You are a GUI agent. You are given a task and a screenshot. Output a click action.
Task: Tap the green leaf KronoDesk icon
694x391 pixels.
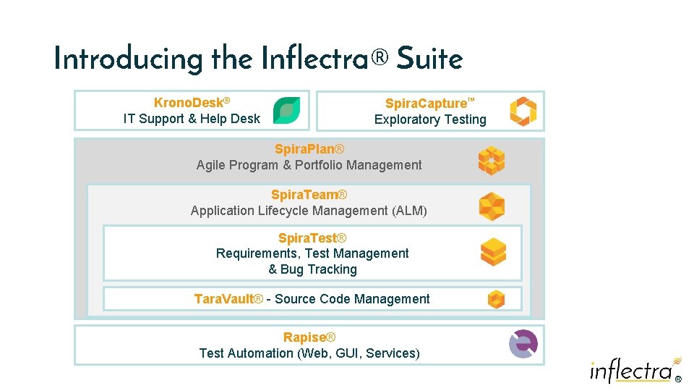click(x=286, y=111)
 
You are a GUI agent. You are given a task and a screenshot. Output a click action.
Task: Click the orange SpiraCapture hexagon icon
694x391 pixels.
click(x=523, y=112)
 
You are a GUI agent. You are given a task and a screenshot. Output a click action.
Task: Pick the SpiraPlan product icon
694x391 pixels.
click(x=492, y=161)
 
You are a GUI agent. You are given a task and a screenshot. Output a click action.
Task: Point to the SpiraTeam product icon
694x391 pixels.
click(x=492, y=207)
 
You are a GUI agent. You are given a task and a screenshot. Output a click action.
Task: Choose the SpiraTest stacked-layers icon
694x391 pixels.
click(x=493, y=252)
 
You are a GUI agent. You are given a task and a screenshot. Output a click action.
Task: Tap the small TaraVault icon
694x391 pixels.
click(x=495, y=299)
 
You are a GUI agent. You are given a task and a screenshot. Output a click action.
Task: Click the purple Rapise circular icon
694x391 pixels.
click(x=523, y=344)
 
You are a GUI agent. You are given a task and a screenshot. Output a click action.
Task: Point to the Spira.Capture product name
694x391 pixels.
click(x=427, y=104)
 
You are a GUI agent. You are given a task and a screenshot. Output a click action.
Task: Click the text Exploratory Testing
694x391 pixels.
click(x=430, y=119)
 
